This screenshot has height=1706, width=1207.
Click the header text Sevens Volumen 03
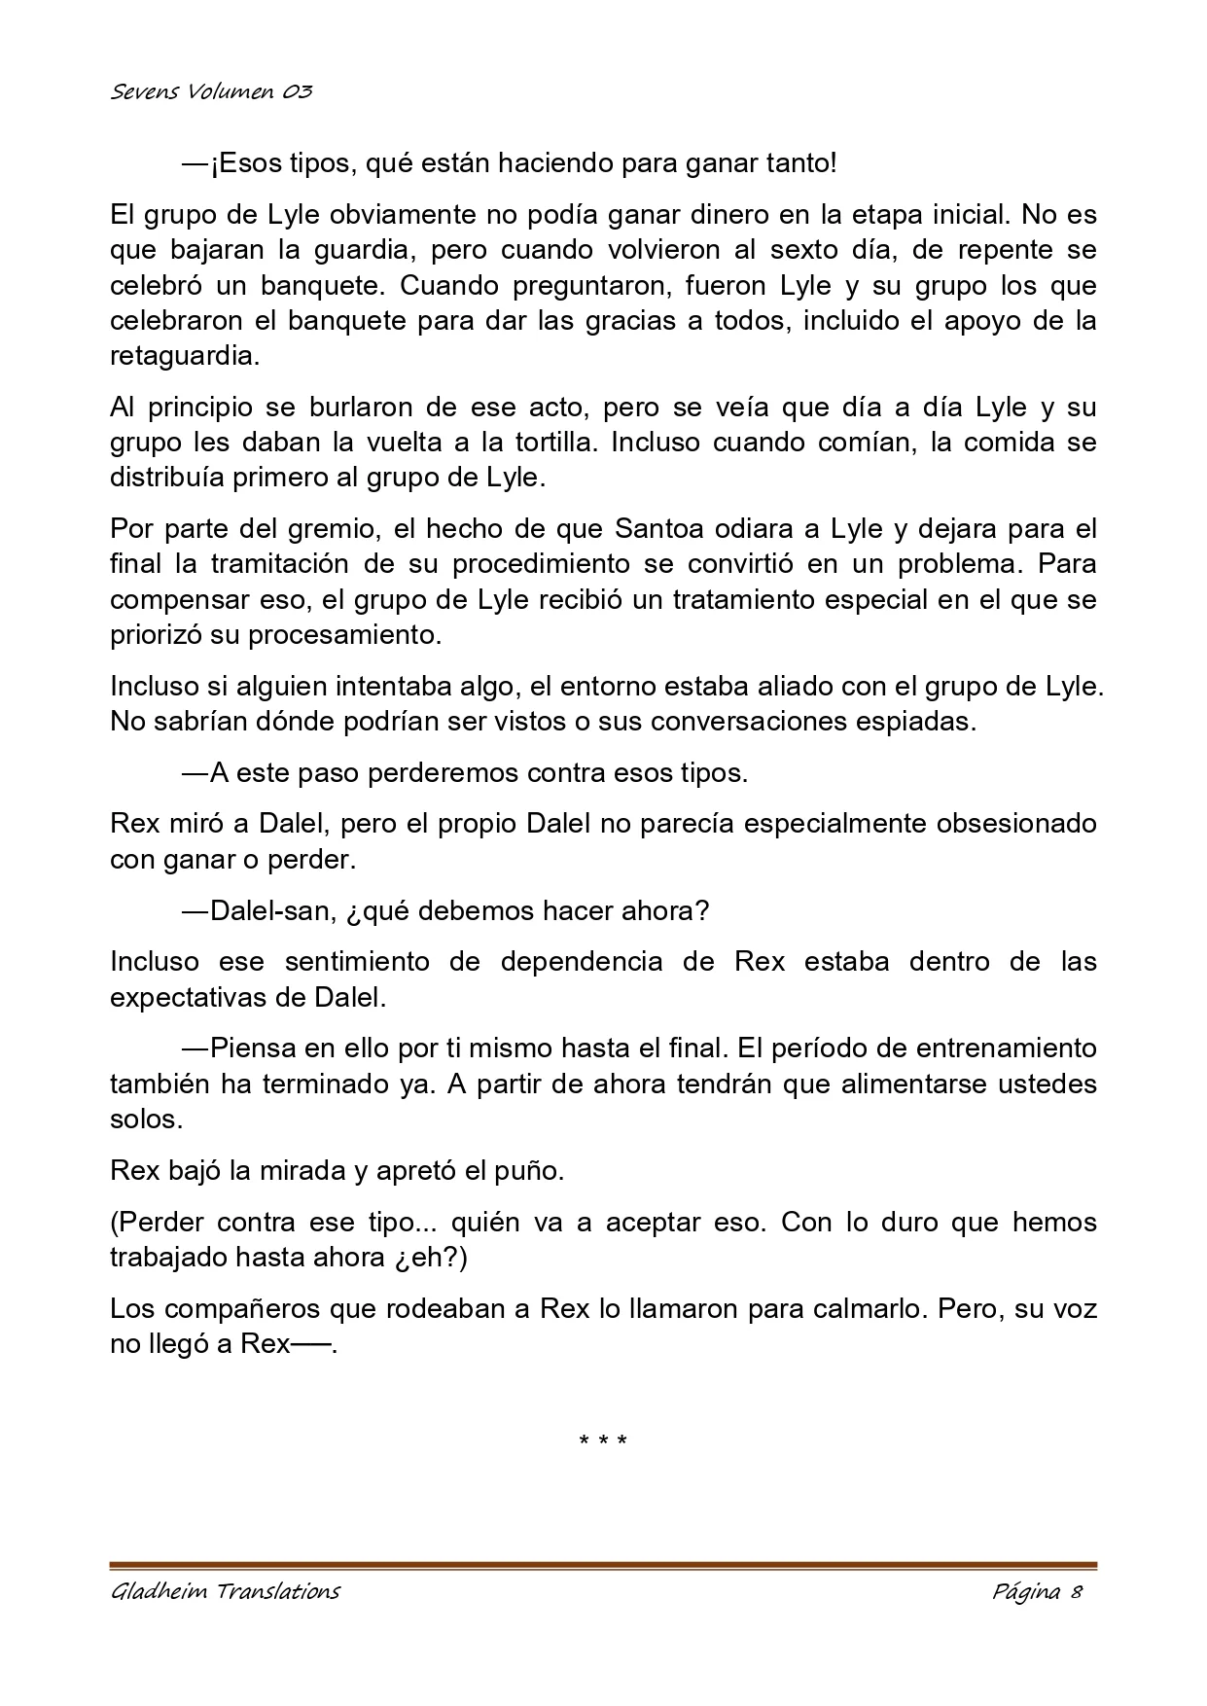point(211,92)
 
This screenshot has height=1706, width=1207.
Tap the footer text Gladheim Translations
point(225,1591)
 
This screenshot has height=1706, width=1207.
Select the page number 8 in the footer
point(1077,1591)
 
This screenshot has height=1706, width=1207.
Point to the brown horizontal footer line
point(603,1566)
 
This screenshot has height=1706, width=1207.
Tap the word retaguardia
point(185,356)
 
